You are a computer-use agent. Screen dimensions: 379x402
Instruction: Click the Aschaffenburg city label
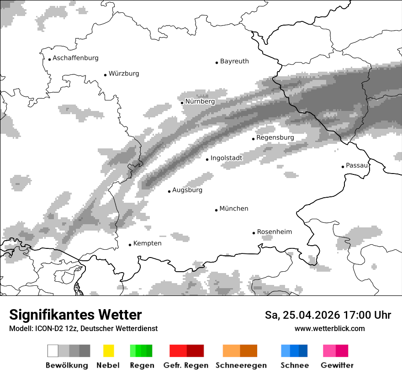coord(75,58)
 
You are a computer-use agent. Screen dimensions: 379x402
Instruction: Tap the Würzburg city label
coord(124,74)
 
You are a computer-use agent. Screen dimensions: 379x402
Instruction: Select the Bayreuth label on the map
coord(234,61)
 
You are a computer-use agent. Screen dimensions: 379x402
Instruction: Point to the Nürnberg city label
coord(200,101)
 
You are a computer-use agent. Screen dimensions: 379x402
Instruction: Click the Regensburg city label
coord(275,137)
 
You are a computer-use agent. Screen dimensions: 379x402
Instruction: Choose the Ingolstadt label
coord(226,158)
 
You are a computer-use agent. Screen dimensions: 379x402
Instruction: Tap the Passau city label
coord(357,165)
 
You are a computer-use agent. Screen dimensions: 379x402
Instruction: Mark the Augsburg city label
coord(187,190)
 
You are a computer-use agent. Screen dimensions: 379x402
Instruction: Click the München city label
coord(234,209)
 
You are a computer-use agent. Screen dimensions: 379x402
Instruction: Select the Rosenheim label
coord(274,232)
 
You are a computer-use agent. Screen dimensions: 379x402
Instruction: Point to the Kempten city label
coord(147,243)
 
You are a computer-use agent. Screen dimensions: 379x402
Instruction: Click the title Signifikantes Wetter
coord(75,315)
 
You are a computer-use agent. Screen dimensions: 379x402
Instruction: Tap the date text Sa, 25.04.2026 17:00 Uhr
coord(328,315)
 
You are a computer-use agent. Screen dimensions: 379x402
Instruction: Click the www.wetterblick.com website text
coord(329,329)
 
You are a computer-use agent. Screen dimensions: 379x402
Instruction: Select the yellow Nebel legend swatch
coord(108,351)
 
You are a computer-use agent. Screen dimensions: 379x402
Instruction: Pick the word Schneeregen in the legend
coord(241,365)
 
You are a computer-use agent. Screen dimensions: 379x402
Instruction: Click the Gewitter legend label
coord(337,365)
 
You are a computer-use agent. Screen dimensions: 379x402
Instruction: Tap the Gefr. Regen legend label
coord(185,365)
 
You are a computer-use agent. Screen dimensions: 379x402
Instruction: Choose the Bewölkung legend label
coord(67,365)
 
